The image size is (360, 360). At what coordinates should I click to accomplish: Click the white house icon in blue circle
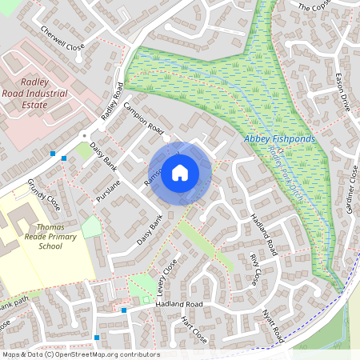180,173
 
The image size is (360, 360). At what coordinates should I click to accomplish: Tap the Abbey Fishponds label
279,138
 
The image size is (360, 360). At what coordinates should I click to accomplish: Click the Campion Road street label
143,118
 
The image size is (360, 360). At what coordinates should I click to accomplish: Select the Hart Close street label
194,329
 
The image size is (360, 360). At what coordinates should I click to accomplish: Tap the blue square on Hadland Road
124,310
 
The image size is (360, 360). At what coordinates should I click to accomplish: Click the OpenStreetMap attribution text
80,354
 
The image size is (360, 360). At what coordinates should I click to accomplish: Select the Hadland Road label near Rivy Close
263,233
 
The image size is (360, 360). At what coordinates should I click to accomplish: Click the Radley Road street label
112,102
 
